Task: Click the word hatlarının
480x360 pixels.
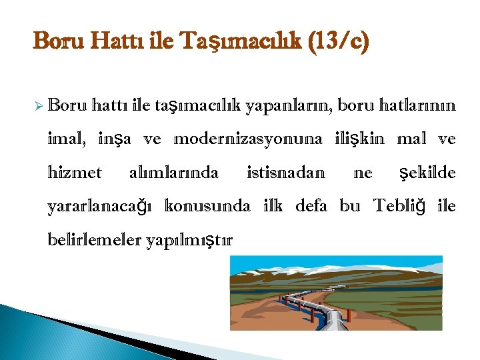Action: [x=417, y=105]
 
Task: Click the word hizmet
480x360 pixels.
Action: [x=75, y=173]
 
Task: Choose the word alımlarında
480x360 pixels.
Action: [x=173, y=173]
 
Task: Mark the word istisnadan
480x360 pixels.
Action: [x=286, y=173]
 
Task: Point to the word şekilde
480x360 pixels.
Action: [x=427, y=173]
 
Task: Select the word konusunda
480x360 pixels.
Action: [x=207, y=207]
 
